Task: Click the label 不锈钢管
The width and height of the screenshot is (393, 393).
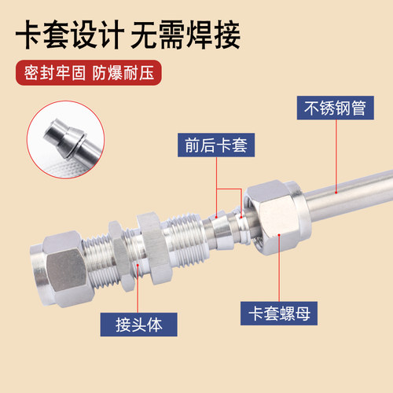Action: coord(335,108)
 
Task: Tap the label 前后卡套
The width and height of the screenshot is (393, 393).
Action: coord(216,145)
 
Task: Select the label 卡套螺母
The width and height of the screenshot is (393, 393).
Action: coord(279,314)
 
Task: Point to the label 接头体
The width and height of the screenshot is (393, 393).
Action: coord(138,325)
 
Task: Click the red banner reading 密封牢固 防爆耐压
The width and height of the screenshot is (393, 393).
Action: coord(89,72)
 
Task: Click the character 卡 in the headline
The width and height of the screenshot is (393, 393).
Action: coord(29,35)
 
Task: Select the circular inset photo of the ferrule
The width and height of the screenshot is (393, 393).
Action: coord(65,140)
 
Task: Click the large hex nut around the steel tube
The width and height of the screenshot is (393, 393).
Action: coord(277,218)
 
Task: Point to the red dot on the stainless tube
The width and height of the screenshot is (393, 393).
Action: coord(336,193)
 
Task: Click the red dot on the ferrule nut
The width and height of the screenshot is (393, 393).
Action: coord(279,235)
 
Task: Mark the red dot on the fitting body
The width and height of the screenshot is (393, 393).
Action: coord(138,265)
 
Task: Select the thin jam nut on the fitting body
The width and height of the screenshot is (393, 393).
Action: coord(119,255)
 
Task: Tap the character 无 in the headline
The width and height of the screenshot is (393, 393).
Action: coord(144,35)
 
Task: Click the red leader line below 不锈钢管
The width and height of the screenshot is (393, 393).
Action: coord(336,155)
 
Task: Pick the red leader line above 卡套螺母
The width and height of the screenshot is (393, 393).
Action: coord(279,269)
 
